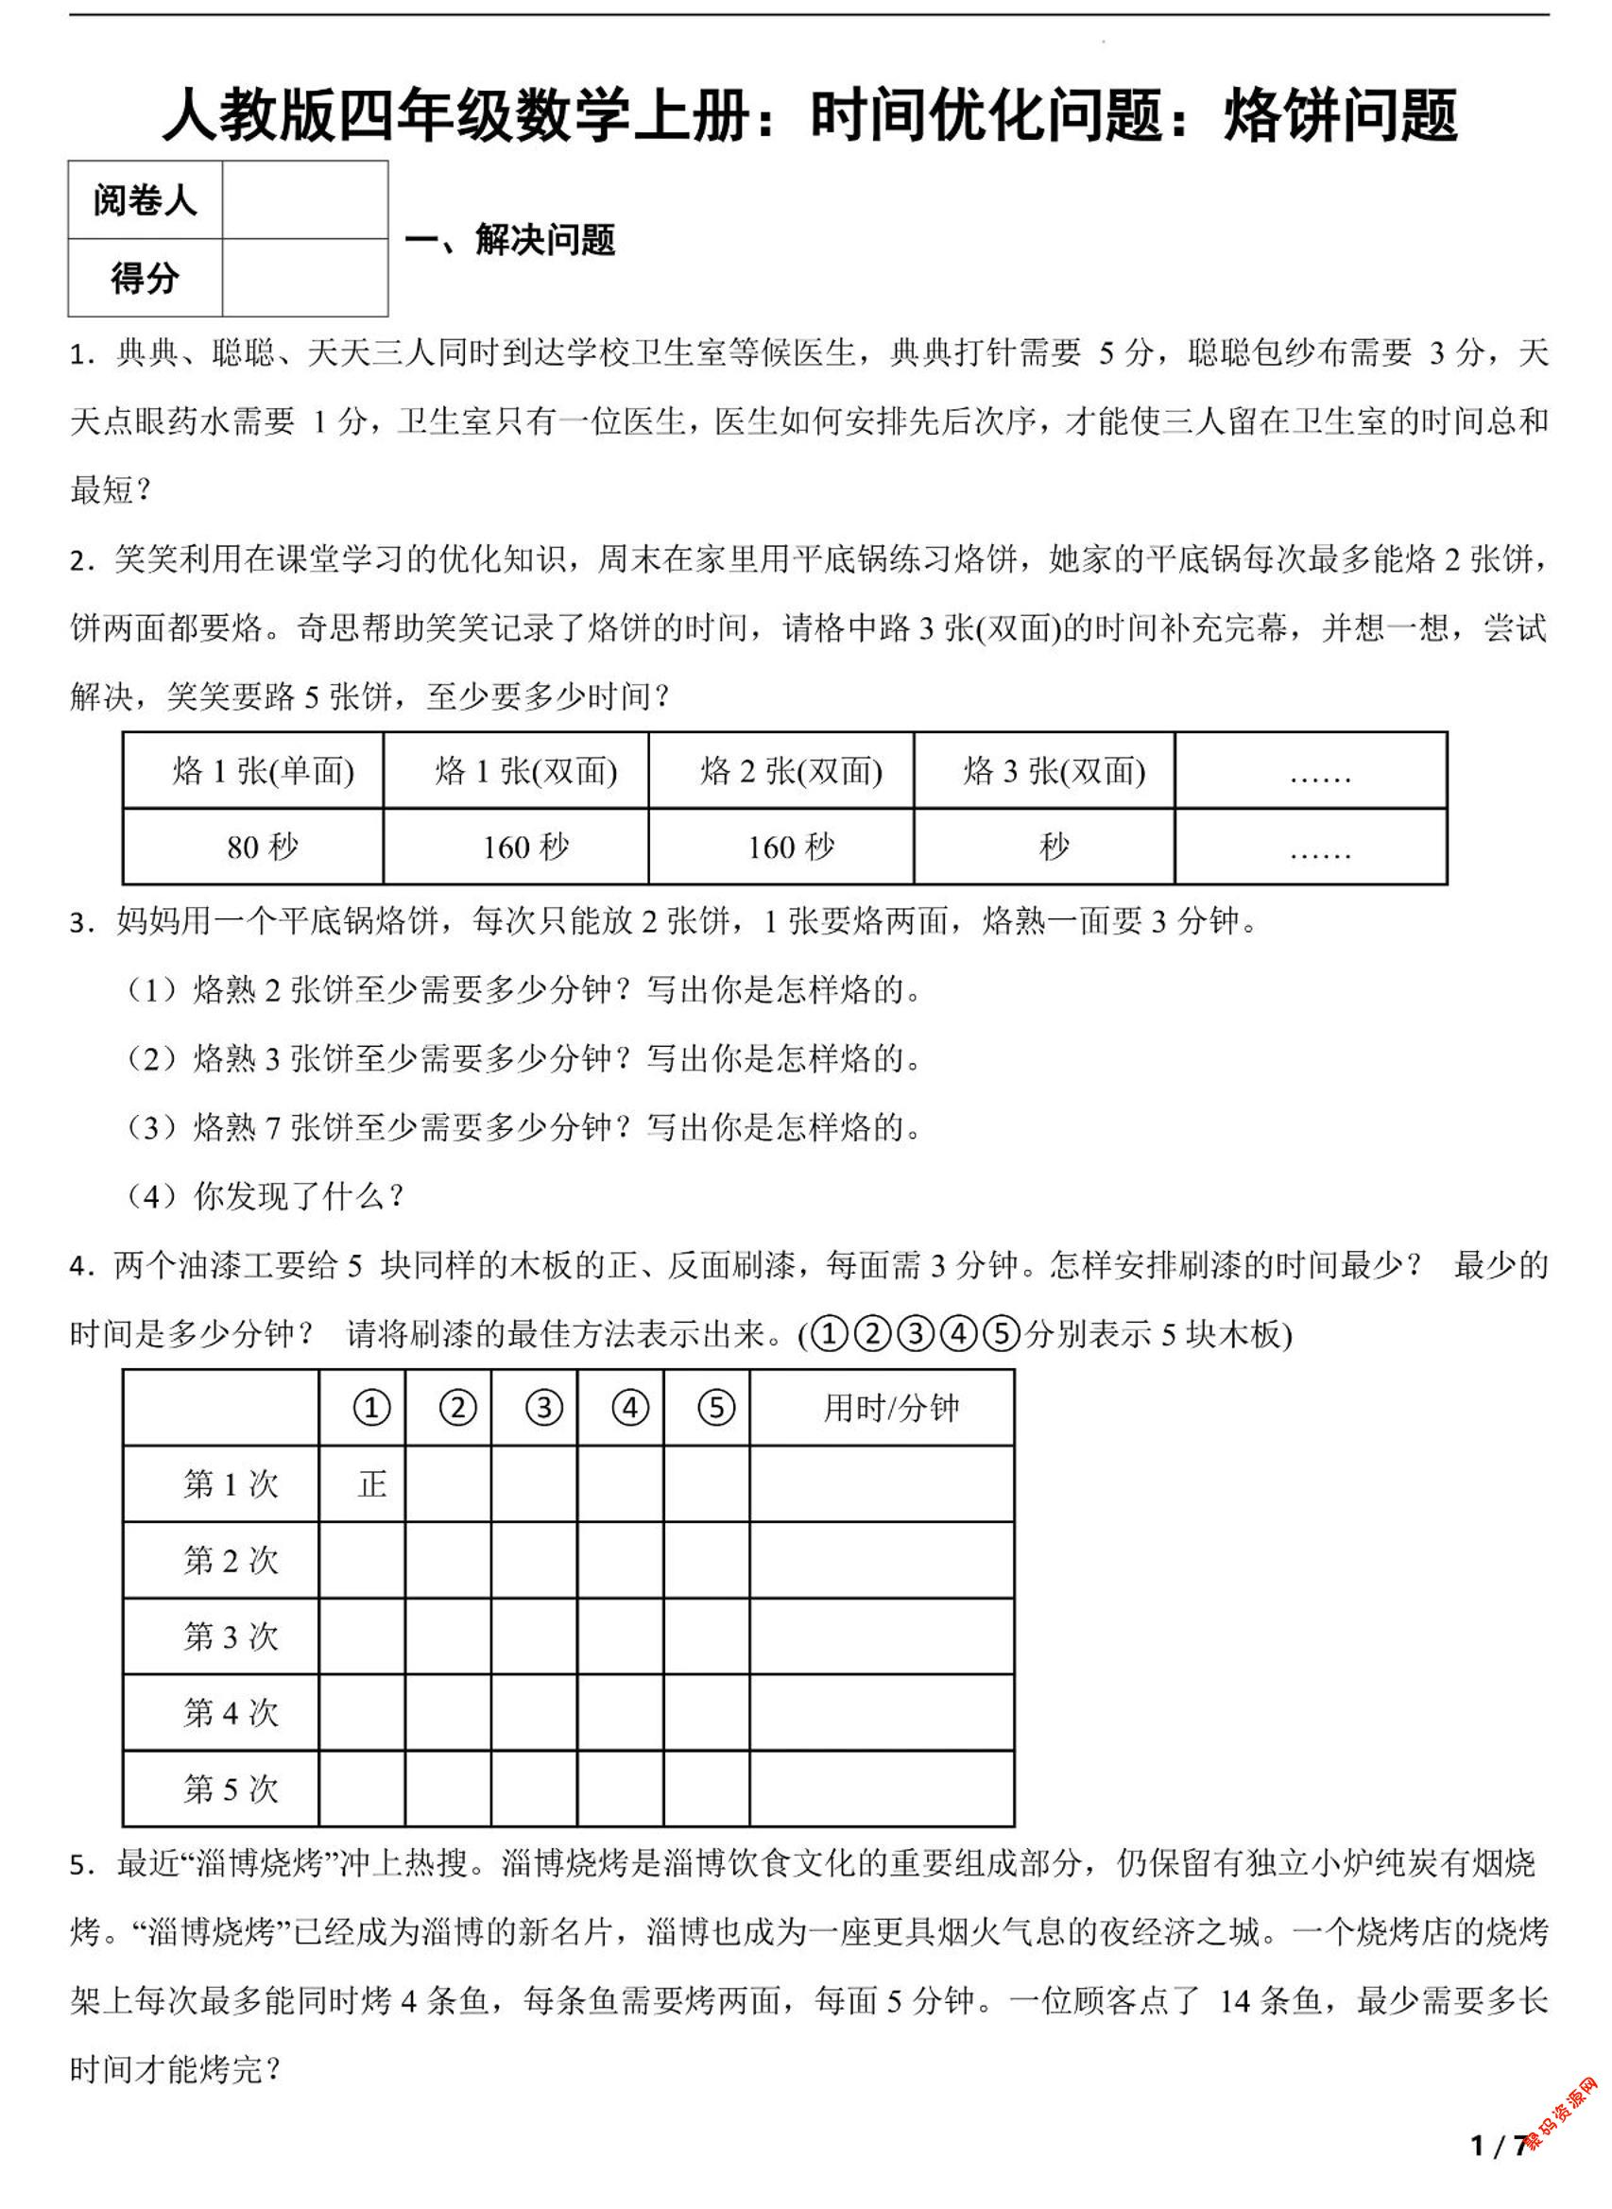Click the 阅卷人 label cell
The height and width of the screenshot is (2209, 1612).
click(145, 201)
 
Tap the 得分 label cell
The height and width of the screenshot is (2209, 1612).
click(145, 279)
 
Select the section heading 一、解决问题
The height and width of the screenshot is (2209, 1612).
click(510, 240)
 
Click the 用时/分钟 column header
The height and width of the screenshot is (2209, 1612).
click(891, 1408)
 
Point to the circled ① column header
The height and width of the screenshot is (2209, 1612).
click(370, 1408)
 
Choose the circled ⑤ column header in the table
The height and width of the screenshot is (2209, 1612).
click(715, 1408)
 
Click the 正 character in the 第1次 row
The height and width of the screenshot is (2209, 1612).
click(371, 1484)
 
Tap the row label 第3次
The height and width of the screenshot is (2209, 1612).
click(231, 1636)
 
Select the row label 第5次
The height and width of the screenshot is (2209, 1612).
click(231, 1789)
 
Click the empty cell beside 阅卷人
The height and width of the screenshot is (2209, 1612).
click(304, 201)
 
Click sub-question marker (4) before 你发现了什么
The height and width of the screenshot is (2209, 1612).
click(151, 1196)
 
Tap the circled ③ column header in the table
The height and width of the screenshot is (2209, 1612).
click(543, 1408)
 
